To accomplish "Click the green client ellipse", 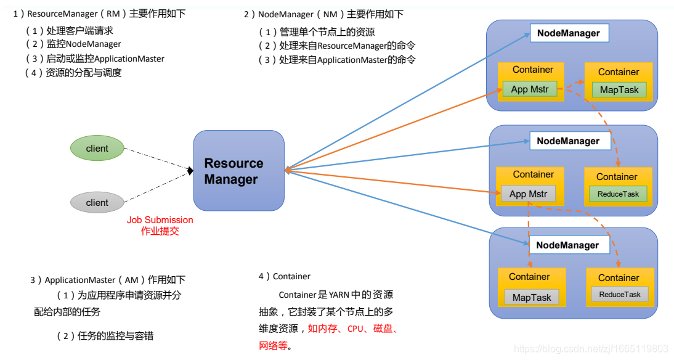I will click(x=97, y=148).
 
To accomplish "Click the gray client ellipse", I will click(x=97, y=202).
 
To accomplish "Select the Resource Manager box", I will click(x=238, y=171).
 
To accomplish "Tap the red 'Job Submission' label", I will click(x=160, y=220).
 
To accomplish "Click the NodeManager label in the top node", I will click(x=569, y=33).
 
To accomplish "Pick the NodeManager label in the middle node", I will click(x=568, y=141).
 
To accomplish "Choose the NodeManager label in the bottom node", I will click(x=567, y=245).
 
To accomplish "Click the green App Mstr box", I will click(x=529, y=89).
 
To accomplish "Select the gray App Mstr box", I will click(x=528, y=194).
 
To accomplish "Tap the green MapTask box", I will click(x=619, y=90).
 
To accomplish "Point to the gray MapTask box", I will click(x=532, y=297).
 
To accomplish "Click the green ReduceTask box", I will click(x=618, y=194).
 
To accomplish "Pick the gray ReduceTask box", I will click(x=620, y=295).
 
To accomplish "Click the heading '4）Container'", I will click(x=285, y=276).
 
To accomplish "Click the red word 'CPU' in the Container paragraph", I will click(x=355, y=329).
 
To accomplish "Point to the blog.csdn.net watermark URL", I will click(x=591, y=349).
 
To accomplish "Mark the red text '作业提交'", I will click(x=160, y=231).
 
